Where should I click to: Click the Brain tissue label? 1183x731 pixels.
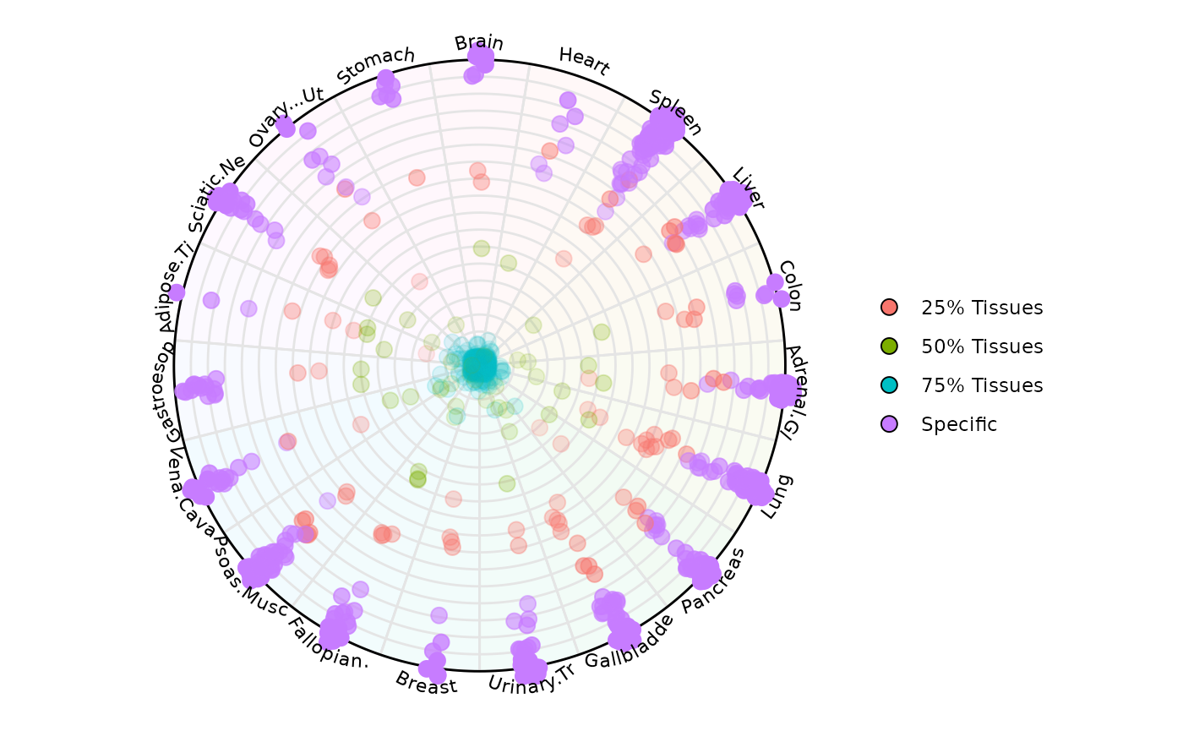click(478, 42)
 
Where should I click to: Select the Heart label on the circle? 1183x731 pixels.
click(584, 61)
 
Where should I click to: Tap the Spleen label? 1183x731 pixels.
click(676, 111)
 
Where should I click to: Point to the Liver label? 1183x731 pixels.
click(749, 188)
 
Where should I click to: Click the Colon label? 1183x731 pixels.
click(789, 286)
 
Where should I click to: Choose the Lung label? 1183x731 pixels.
click(777, 497)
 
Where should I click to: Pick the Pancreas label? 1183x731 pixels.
click(714, 581)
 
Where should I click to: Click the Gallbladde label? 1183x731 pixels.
click(630, 641)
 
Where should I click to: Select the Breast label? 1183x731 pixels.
click(426, 682)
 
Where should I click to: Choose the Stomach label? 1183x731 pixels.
click(376, 65)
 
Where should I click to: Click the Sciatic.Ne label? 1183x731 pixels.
click(217, 193)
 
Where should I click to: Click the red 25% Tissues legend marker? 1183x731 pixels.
click(889, 308)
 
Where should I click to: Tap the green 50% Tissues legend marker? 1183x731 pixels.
click(889, 346)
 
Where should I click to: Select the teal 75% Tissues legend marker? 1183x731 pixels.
click(889, 385)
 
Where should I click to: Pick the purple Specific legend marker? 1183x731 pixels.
click(889, 424)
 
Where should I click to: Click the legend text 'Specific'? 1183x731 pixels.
click(959, 424)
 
